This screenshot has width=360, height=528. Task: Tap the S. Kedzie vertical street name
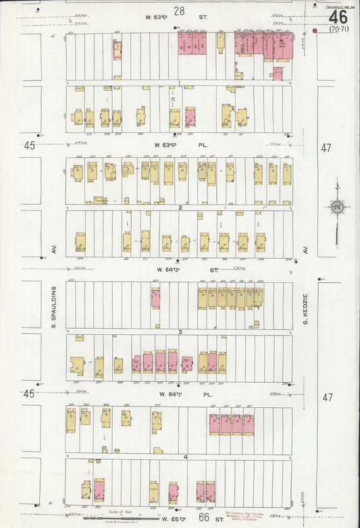click(x=305, y=307)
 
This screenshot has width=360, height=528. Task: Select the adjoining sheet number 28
click(x=179, y=9)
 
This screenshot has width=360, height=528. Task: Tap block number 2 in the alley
click(x=180, y=208)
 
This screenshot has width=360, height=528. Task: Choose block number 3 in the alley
click(x=180, y=332)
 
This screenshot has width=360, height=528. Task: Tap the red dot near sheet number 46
click(x=315, y=30)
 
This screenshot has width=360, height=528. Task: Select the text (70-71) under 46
click(x=338, y=29)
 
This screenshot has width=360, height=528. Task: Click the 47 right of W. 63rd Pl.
click(x=327, y=147)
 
